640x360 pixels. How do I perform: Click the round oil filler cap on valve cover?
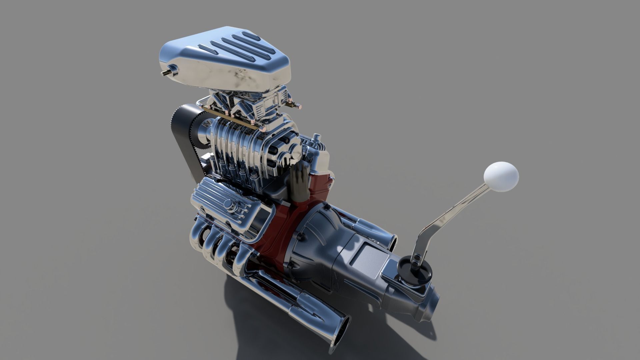coord(229,204)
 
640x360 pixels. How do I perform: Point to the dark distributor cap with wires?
coord(299,182)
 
